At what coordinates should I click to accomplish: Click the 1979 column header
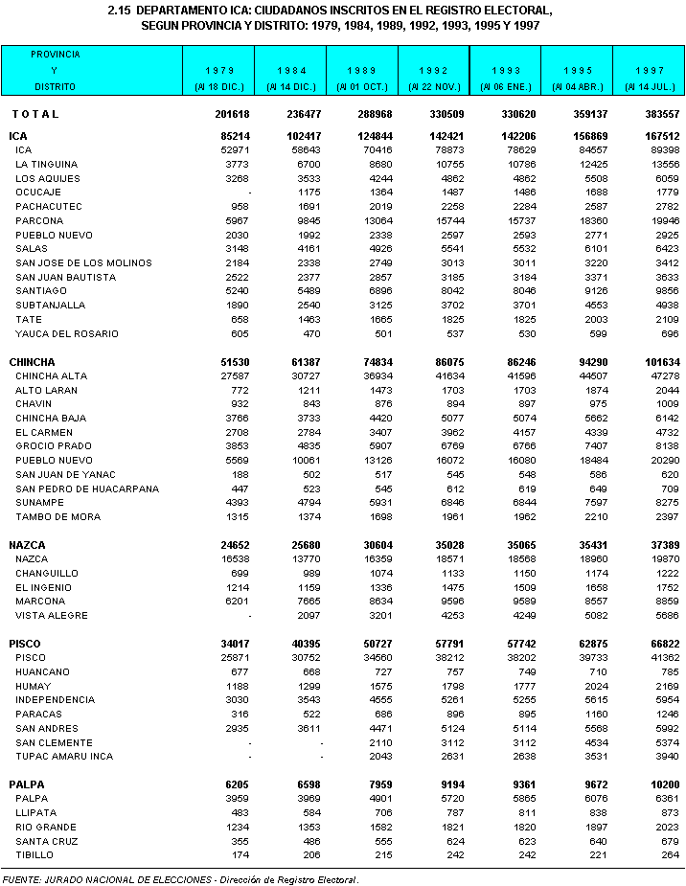(219, 71)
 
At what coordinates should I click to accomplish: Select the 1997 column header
(650, 71)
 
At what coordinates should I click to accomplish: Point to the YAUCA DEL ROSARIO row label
(67, 333)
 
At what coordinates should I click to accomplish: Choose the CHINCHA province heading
(32, 362)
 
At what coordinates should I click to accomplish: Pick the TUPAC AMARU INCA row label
(64, 756)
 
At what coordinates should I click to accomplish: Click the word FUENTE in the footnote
(22, 877)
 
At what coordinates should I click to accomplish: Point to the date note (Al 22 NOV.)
(434, 87)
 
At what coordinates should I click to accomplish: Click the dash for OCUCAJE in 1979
(248, 193)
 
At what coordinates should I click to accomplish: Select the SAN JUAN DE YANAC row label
(65, 474)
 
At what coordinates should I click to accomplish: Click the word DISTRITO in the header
(55, 87)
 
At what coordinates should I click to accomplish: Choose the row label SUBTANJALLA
(51, 306)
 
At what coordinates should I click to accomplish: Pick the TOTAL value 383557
(657, 114)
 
